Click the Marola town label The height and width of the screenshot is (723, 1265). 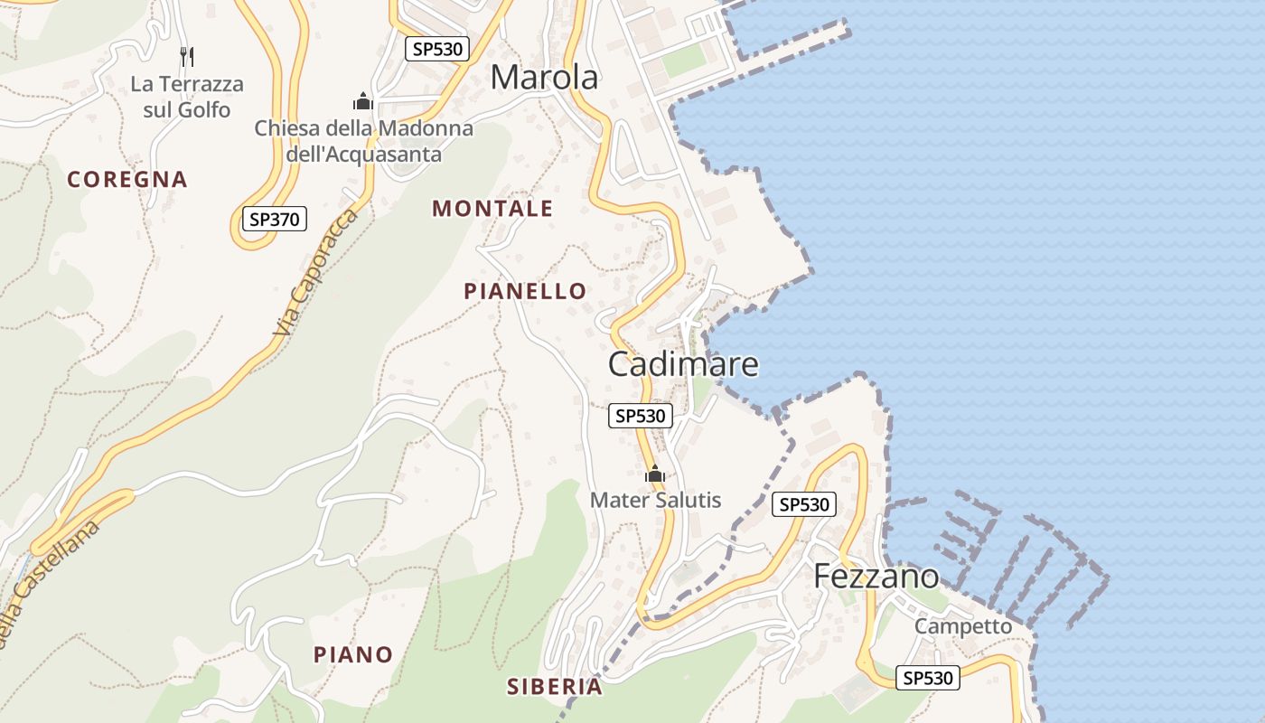544,78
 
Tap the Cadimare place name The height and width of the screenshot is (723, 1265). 683,364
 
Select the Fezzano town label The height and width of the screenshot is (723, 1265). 876,576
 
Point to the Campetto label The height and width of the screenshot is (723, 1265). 963,625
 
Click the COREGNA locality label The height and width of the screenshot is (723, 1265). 127,179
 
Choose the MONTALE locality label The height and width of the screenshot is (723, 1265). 492,209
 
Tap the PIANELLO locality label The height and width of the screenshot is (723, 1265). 525,291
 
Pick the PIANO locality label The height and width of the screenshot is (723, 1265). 353,654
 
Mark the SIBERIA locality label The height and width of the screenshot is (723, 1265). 555,687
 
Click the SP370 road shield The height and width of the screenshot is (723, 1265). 275,219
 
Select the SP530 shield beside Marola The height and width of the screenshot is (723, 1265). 437,49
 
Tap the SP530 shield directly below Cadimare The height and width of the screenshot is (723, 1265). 641,416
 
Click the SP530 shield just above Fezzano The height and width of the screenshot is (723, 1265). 804,504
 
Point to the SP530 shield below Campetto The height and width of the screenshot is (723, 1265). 928,678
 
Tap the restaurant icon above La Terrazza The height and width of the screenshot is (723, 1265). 187,57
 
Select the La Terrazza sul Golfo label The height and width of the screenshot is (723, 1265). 187,97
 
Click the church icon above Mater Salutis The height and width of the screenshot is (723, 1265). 655,474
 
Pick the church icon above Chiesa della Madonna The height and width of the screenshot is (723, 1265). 363,101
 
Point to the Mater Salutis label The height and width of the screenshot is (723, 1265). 655,500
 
